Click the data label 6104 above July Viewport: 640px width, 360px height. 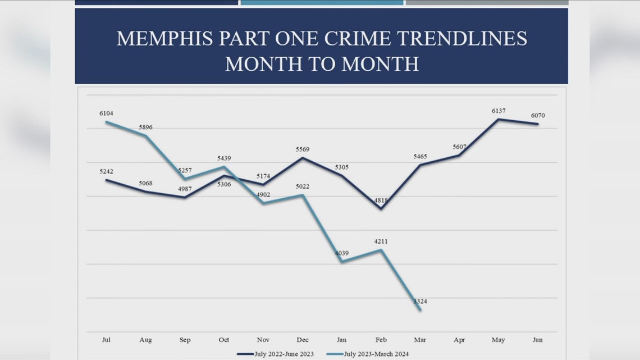106,113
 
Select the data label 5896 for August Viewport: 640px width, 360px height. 145,127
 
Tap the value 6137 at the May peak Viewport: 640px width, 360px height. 498,111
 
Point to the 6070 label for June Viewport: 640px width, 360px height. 537,116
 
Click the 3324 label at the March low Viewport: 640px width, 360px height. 420,302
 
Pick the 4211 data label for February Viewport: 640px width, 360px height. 381,241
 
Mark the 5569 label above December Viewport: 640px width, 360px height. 302,149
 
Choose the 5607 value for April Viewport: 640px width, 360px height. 459,147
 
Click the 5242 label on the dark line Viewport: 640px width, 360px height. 106,172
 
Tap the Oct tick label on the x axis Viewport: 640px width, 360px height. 224,340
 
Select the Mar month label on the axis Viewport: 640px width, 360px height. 419,340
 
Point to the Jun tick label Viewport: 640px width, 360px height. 537,340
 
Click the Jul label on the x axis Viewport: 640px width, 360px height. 106,340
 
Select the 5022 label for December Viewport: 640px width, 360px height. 302,186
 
